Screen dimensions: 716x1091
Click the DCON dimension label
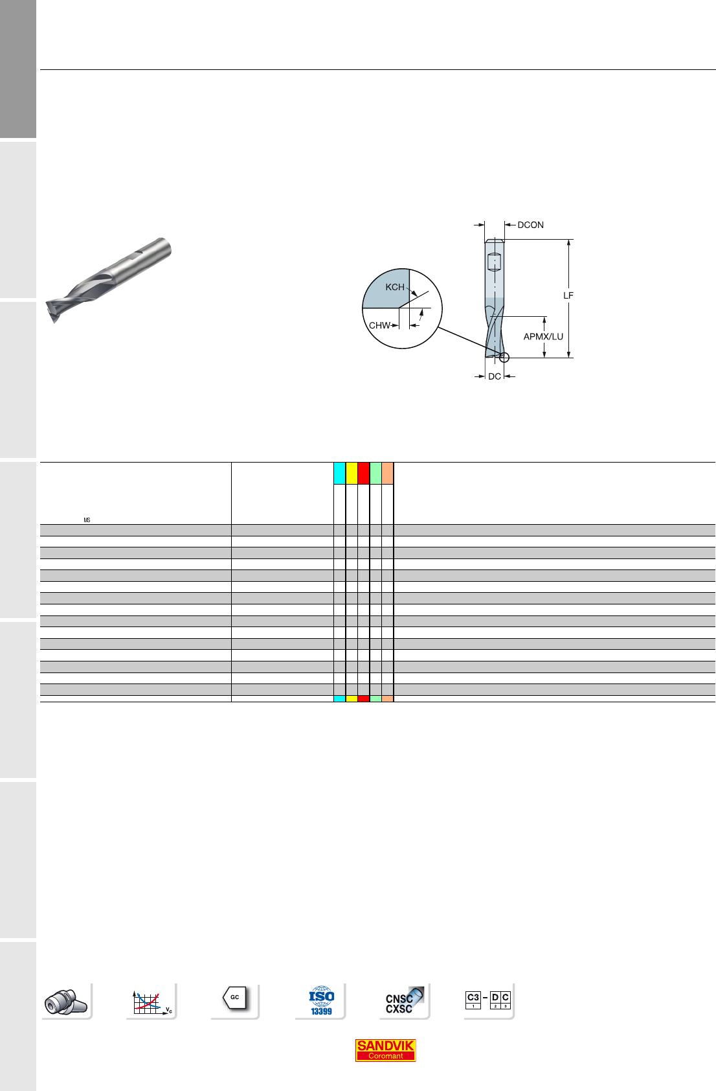point(531,225)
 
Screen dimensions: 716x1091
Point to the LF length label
point(568,295)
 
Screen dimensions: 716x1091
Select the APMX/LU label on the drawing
point(543,336)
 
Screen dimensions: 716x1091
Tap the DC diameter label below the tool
point(495,376)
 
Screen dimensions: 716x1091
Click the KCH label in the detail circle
point(395,287)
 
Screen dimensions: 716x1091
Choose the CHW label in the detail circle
point(379,325)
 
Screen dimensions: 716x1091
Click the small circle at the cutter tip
point(504,358)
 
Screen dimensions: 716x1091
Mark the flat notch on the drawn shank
point(494,262)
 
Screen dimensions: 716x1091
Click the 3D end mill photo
point(108,280)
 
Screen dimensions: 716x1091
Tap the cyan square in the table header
point(339,474)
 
